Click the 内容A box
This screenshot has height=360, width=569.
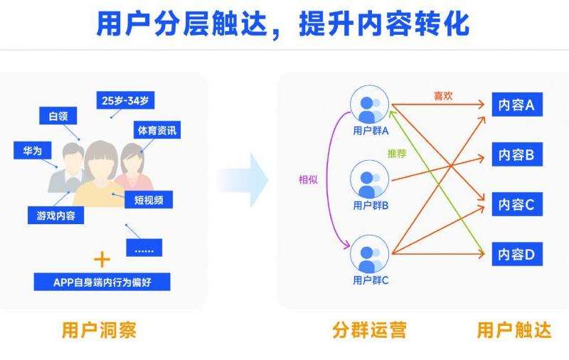516,105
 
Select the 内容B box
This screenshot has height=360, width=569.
516,154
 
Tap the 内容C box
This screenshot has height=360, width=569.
516,204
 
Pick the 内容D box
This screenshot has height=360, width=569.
516,253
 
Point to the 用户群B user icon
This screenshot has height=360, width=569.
370,180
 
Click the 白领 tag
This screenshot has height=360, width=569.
58,116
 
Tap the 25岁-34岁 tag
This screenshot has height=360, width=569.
124,100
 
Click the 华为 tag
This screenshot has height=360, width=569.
33,151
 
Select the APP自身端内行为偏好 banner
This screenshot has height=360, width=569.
102,282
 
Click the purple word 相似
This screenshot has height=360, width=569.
308,179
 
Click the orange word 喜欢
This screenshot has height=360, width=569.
442,95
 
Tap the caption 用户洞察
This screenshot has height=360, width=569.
99,330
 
